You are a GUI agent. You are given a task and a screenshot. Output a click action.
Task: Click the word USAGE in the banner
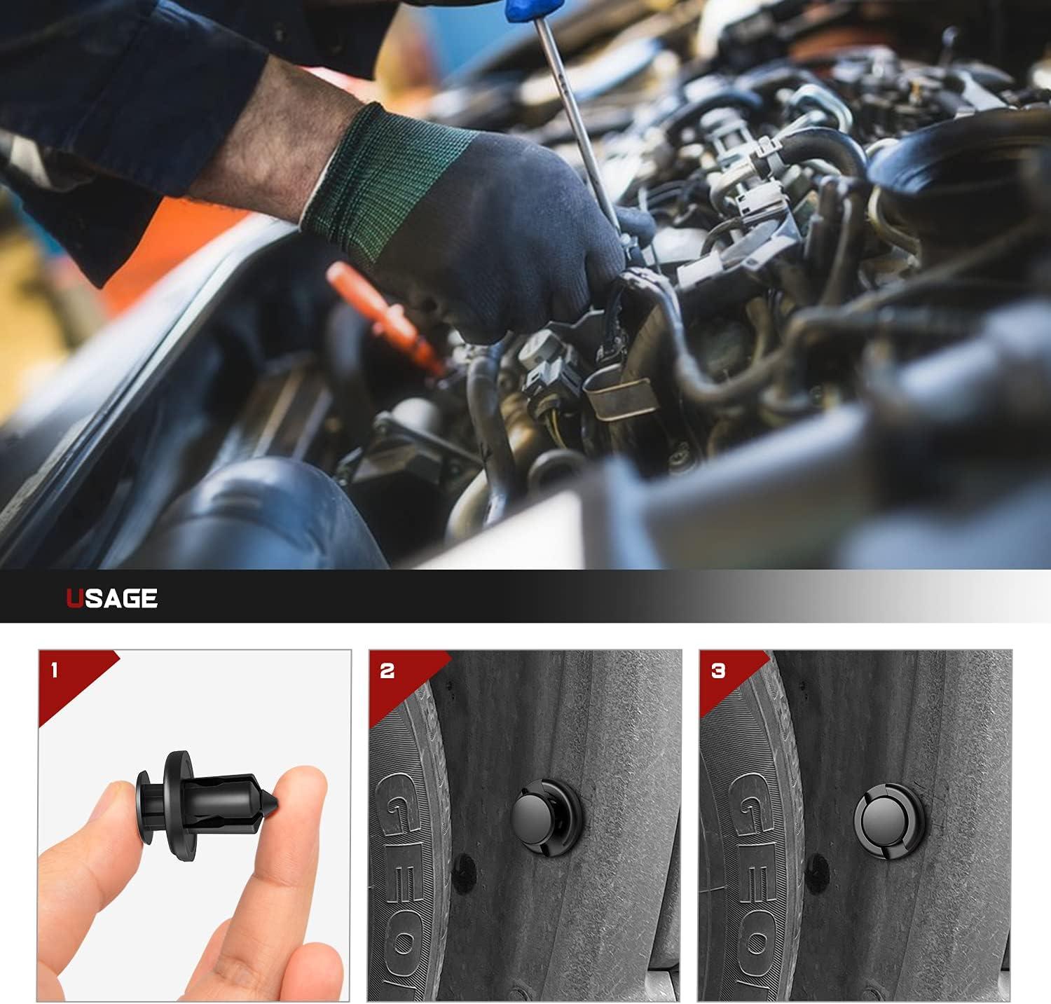[112, 598]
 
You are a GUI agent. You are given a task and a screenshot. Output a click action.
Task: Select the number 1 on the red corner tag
[55, 671]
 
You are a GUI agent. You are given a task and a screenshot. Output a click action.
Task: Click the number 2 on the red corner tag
[387, 671]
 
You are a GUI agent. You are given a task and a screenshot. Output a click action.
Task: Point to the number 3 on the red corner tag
[718, 671]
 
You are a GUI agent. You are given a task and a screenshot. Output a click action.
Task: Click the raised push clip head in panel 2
[536, 813]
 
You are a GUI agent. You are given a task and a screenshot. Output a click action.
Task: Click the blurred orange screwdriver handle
[378, 308]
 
